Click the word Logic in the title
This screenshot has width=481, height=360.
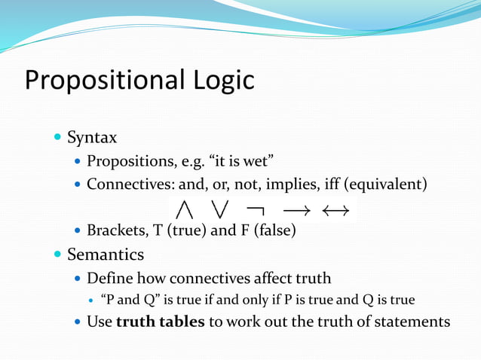tap(222, 80)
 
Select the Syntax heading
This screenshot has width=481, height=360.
tap(92, 138)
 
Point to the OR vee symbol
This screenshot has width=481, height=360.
tap(222, 207)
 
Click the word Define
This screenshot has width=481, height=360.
tap(108, 277)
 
